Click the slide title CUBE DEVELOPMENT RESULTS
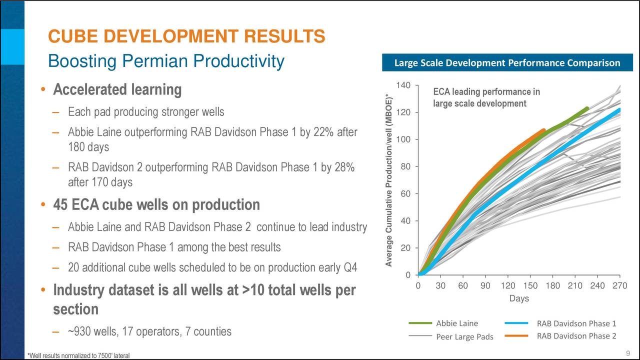tap(186, 36)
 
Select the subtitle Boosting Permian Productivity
tap(165, 61)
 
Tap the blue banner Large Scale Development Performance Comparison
tap(507, 63)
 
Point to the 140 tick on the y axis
tap(403, 85)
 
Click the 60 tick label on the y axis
tap(405, 194)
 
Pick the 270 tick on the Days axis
tap(619, 285)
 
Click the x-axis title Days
tap(518, 298)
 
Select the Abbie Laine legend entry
tap(457, 323)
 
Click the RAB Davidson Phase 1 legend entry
tap(576, 323)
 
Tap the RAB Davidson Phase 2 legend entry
tap(576, 335)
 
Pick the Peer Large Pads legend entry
tap(464, 336)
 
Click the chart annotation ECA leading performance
tap(486, 97)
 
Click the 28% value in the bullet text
tap(344, 167)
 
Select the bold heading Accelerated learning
tap(117, 90)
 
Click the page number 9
tap(628, 354)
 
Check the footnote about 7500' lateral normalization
tap(79, 355)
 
